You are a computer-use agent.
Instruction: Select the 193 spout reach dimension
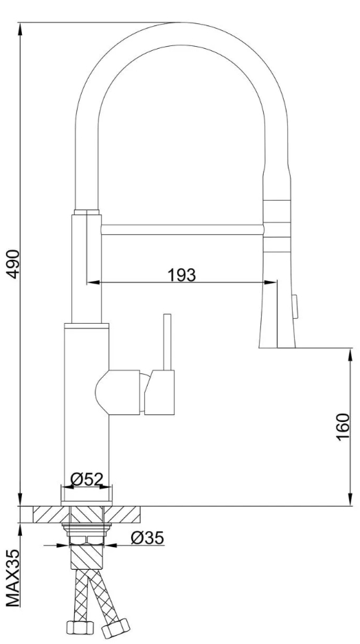[182, 275]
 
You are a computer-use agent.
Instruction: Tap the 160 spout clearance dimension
[343, 426]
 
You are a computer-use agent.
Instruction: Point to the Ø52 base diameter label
[87, 478]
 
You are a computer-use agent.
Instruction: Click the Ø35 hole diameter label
[147, 537]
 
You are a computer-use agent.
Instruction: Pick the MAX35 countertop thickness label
[13, 578]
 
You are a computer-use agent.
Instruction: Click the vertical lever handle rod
[167, 342]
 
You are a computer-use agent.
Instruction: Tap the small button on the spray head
[295, 306]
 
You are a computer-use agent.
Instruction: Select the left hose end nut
[80, 628]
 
